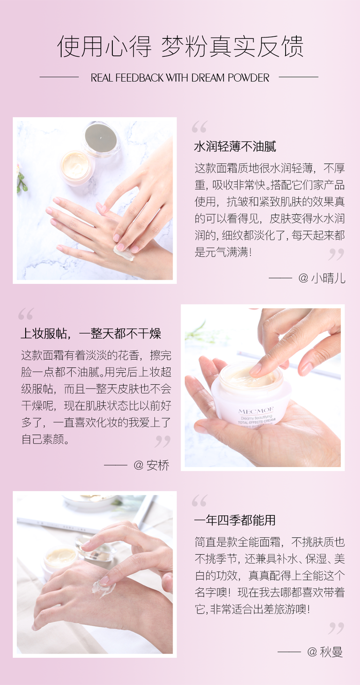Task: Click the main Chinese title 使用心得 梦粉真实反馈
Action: click(x=180, y=46)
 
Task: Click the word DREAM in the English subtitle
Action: click(x=208, y=78)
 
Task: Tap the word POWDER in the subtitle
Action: click(x=249, y=78)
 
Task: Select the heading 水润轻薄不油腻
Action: click(x=235, y=146)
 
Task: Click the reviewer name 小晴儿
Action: click(x=328, y=278)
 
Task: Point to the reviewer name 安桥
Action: click(x=158, y=465)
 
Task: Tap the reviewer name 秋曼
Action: click(x=331, y=651)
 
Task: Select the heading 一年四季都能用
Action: click(x=235, y=520)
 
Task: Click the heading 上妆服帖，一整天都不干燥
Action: click(x=91, y=333)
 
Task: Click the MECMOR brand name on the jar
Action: click(x=256, y=410)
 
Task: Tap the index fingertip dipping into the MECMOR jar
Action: click(x=255, y=369)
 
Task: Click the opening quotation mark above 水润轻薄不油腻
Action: click(x=199, y=127)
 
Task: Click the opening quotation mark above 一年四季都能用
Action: click(x=199, y=500)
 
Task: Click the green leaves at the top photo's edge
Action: click(x=21, y=181)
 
